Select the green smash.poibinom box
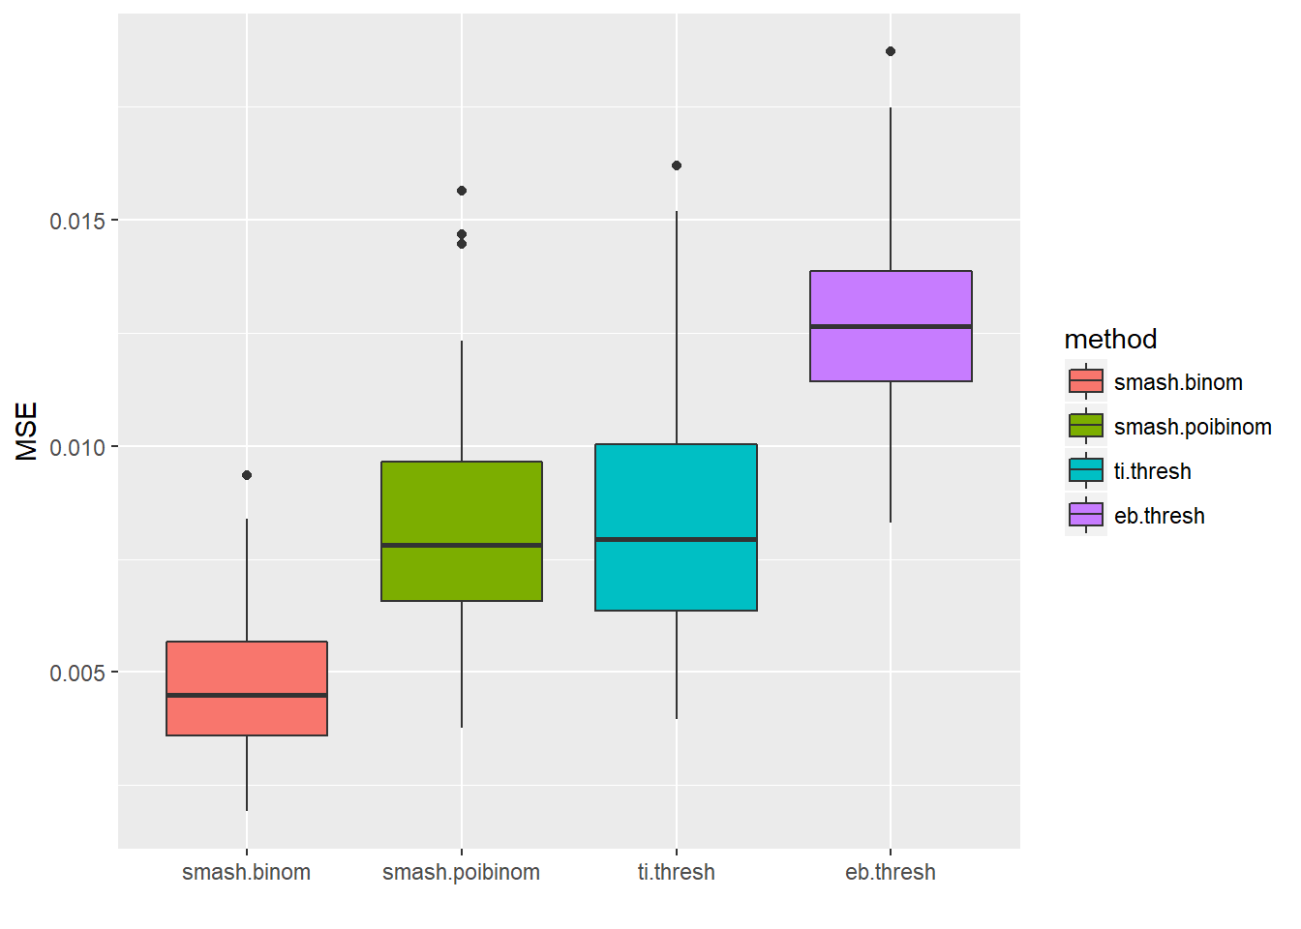pos(462,503)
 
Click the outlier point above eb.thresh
pos(891,51)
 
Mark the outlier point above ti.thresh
pos(677,165)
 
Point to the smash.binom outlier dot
pos(247,475)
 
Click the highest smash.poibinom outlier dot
pos(462,191)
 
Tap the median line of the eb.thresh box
pos(891,327)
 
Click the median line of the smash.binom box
pos(247,695)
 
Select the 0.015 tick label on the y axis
pos(77,221)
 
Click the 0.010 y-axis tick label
pos(77,447)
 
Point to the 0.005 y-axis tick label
pos(77,673)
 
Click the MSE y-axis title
pos(27,432)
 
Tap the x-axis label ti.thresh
pos(676,872)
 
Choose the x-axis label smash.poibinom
pos(461,872)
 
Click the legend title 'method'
pos(1110,339)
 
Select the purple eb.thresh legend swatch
pos(1086,515)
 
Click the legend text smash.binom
pos(1178,382)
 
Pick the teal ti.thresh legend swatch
pos(1086,470)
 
